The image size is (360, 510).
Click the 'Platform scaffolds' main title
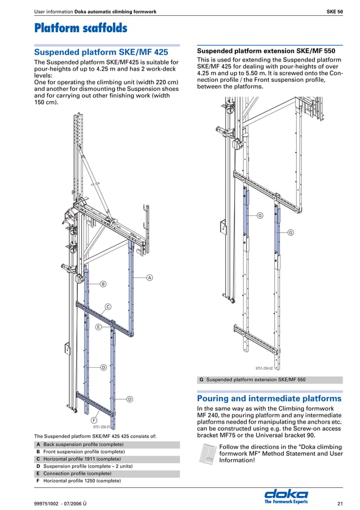pos(81,28)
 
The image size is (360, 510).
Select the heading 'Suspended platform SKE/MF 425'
pos(101,52)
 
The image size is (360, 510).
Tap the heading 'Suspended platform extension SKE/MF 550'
pos(266,51)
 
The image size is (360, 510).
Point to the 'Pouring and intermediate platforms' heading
pos(269,398)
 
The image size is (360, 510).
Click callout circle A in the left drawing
pos(150,277)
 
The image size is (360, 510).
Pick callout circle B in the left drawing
pos(103,284)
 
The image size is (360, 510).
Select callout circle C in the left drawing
pos(108,306)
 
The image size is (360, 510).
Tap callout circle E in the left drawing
pos(98,327)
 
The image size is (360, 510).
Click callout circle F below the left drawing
pos(94,420)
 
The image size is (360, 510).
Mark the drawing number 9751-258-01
pos(102,427)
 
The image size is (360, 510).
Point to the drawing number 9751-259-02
pos(264,368)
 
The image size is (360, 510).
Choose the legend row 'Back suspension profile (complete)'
pos(84,444)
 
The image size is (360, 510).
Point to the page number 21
pos(340,503)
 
